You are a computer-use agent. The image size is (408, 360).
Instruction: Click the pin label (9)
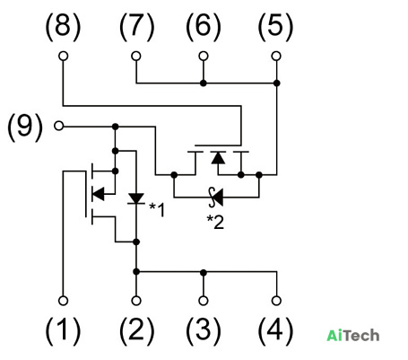tap(25, 127)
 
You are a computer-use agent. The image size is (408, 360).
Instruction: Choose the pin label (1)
tap(63, 331)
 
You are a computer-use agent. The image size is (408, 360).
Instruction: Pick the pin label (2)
tap(136, 331)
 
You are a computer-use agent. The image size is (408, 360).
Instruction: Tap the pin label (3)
tap(204, 331)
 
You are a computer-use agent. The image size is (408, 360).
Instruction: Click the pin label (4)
tap(275, 331)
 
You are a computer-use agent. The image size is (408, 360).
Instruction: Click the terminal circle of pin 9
tap(59, 126)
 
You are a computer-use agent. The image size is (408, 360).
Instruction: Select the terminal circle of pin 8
tap(63, 56)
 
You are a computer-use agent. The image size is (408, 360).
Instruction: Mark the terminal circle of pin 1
tap(63, 301)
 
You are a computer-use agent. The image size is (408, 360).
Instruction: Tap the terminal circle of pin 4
tap(276, 301)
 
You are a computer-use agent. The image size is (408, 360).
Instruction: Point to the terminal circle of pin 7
tap(136, 56)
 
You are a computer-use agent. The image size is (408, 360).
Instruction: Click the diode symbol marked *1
tap(136, 198)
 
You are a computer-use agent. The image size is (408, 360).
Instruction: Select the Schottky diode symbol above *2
tap(216, 198)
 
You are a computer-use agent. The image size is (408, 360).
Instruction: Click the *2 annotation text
tap(215, 222)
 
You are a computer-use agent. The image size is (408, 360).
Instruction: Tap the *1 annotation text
tap(157, 209)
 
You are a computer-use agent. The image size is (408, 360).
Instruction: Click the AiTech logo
tap(353, 336)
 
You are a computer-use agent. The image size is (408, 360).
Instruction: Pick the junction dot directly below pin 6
tap(204, 83)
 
